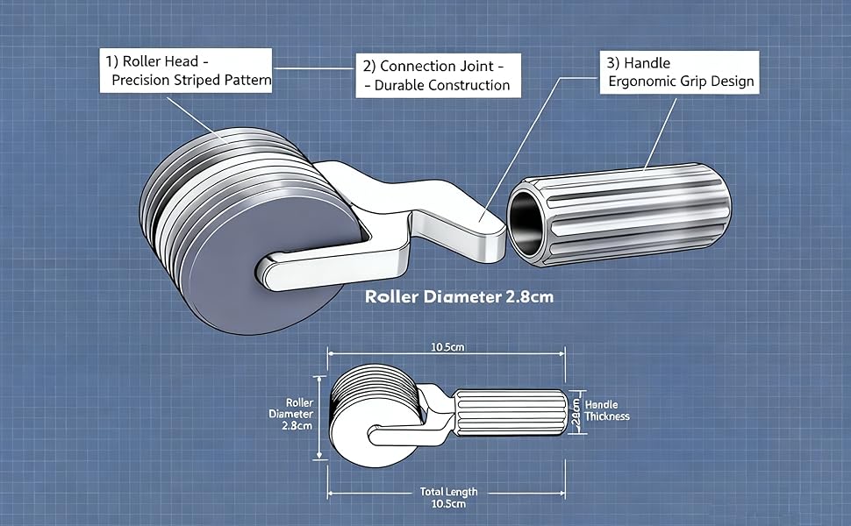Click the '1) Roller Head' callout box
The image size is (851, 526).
click(186, 70)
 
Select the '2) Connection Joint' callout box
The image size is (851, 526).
click(438, 75)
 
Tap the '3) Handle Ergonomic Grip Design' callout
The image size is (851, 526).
click(679, 72)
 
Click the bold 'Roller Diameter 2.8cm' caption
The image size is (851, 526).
click(459, 296)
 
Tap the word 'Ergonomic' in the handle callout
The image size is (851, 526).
click(640, 82)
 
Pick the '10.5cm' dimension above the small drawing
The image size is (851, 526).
click(447, 347)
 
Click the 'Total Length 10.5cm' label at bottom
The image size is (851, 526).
click(449, 498)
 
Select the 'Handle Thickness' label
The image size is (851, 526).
click(607, 410)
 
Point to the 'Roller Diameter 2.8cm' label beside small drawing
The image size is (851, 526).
click(291, 414)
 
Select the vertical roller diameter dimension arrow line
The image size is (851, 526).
click(319, 417)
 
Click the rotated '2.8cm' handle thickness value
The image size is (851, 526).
click(576, 412)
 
